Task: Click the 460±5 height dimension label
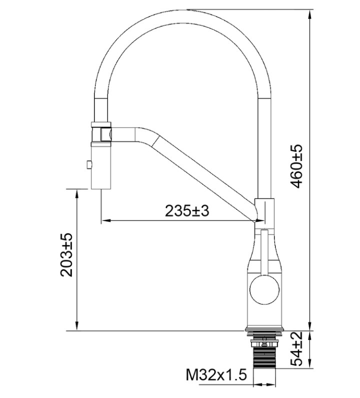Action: [296, 166]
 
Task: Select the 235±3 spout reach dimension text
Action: [187, 210]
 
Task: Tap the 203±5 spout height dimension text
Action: [66, 255]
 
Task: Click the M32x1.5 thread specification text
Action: [216, 374]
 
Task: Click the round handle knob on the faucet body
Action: [264, 289]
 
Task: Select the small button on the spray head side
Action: [89, 164]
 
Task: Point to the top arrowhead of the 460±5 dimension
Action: [309, 14]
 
